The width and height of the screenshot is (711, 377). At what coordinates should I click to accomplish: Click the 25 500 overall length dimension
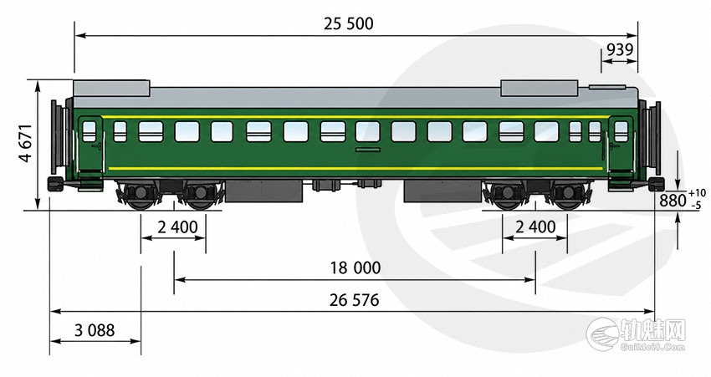pyautogui.click(x=348, y=23)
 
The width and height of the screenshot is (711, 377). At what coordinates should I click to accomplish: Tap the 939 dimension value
pyautogui.click(x=619, y=49)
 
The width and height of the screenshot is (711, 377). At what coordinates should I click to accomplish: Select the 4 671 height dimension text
pyautogui.click(x=26, y=143)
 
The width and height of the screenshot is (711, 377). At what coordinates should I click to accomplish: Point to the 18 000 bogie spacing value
pyautogui.click(x=355, y=267)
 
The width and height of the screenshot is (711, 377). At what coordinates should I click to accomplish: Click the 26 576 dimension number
pyautogui.click(x=354, y=300)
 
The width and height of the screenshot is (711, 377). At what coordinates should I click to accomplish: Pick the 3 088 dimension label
pyautogui.click(x=95, y=330)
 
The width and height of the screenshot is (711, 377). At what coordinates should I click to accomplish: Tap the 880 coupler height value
pyautogui.click(x=673, y=200)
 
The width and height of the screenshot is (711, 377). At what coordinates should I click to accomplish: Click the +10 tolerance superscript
pyautogui.click(x=697, y=193)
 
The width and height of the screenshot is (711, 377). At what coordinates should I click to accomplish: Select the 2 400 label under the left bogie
pyautogui.click(x=177, y=227)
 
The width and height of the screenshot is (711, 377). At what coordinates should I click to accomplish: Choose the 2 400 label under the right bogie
pyautogui.click(x=535, y=227)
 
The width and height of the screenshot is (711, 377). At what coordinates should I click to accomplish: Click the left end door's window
pyautogui.click(x=90, y=131)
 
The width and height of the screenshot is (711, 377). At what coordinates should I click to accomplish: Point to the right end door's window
pyautogui.click(x=621, y=131)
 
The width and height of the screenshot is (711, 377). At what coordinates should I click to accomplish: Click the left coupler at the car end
pyautogui.click(x=55, y=184)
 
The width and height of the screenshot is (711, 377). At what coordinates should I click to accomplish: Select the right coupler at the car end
pyautogui.click(x=656, y=184)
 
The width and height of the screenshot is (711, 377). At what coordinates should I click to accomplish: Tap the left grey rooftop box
pyautogui.click(x=111, y=88)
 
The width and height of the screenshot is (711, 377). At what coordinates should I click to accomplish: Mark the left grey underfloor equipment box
pyautogui.click(x=263, y=191)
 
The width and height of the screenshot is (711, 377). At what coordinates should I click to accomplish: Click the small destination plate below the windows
pyautogui.click(x=368, y=150)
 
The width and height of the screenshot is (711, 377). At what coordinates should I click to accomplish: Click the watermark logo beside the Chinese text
pyautogui.click(x=602, y=334)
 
